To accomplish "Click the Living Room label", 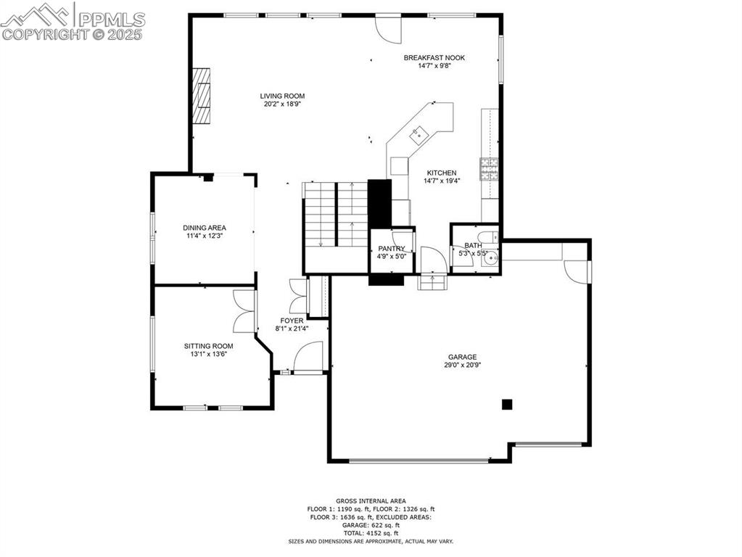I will click(282, 96).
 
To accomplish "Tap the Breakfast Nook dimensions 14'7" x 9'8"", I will click(434, 66).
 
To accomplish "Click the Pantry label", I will click(392, 249).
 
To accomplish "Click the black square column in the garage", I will click(508, 404).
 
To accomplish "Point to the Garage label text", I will click(462, 357).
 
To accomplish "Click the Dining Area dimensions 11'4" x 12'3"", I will click(204, 236).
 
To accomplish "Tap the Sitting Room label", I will click(208, 346).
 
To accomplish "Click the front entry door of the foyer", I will click(309, 358).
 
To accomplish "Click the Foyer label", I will click(292, 320).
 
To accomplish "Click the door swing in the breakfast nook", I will click(387, 28).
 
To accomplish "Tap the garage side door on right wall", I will click(578, 272).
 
